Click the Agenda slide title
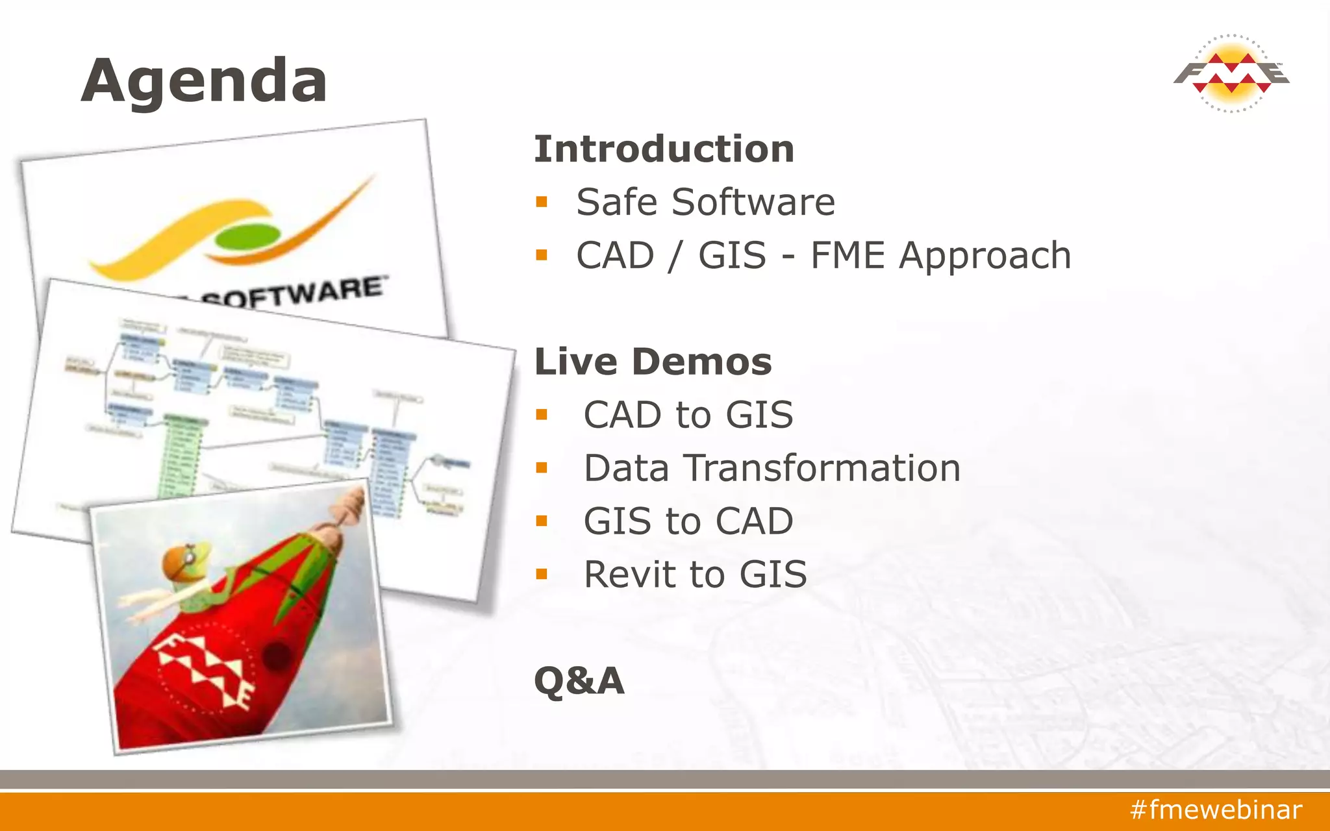click(204, 81)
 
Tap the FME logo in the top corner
click(1231, 73)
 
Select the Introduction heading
click(664, 149)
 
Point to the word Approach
click(985, 255)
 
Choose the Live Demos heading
click(653, 362)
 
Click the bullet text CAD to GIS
click(688, 415)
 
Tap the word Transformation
click(823, 468)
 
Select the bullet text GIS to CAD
click(688, 521)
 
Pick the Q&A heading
click(579, 680)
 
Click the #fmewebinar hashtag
click(1216, 810)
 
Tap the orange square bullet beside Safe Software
click(542, 202)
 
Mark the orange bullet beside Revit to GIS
click(542, 575)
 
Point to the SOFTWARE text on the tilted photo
click(292, 292)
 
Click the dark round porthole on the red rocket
click(278, 656)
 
